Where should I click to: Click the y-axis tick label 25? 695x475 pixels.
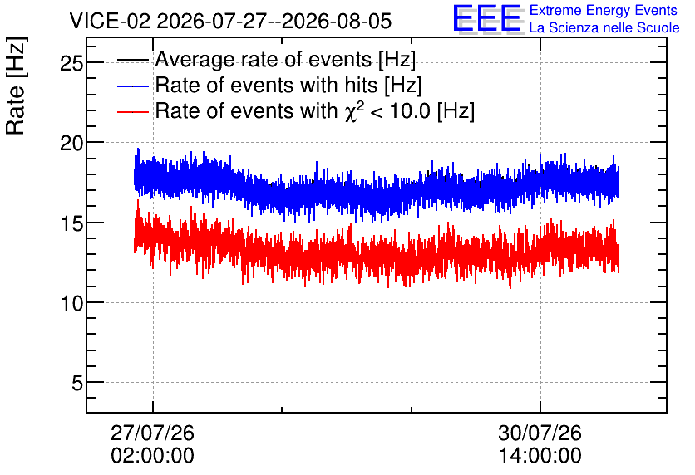[71, 64]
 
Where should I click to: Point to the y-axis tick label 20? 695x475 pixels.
[71, 144]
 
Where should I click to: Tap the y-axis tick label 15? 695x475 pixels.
[71, 223]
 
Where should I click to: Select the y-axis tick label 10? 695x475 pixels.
[71, 303]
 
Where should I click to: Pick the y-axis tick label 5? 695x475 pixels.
[77, 383]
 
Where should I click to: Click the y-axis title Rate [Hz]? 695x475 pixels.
[16, 86]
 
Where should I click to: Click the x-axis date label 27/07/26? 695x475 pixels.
[152, 433]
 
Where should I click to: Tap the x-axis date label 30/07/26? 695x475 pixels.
[540, 433]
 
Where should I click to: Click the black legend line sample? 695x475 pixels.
[133, 60]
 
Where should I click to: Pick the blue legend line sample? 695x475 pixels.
[133, 86]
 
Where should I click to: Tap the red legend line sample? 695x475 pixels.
[133, 111]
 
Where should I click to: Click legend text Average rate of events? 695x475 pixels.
[264, 59]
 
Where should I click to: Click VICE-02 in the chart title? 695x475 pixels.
[110, 21]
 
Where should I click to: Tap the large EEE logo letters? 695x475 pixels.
[487, 18]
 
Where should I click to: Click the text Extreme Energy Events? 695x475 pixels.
[604, 10]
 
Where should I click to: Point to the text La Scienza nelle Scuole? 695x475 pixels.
[604, 28]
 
